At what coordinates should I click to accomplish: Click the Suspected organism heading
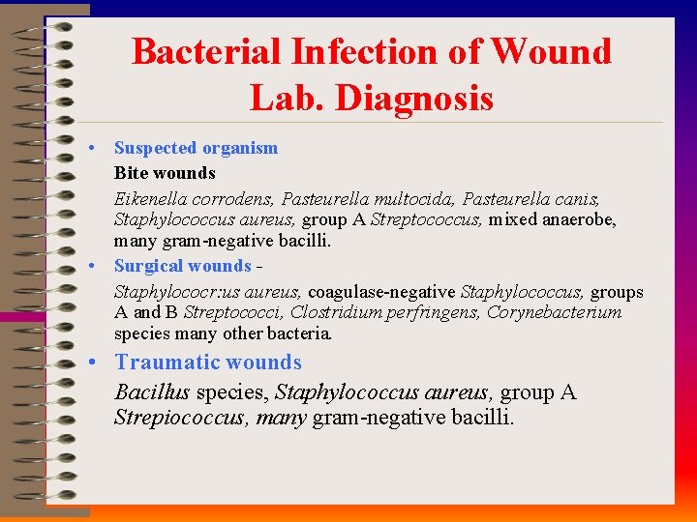[x=196, y=148]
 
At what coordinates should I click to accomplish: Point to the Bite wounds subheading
[x=165, y=173]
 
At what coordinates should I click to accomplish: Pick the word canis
[x=579, y=198]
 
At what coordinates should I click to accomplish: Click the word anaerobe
[x=582, y=219]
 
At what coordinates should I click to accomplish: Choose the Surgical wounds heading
[x=182, y=266]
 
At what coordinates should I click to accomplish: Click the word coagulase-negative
[x=382, y=291]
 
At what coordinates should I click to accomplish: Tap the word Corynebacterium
[x=554, y=312]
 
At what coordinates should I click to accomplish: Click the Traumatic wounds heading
[x=208, y=362]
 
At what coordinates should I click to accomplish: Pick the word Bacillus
[x=152, y=392]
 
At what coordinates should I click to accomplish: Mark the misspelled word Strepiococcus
[x=181, y=418]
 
